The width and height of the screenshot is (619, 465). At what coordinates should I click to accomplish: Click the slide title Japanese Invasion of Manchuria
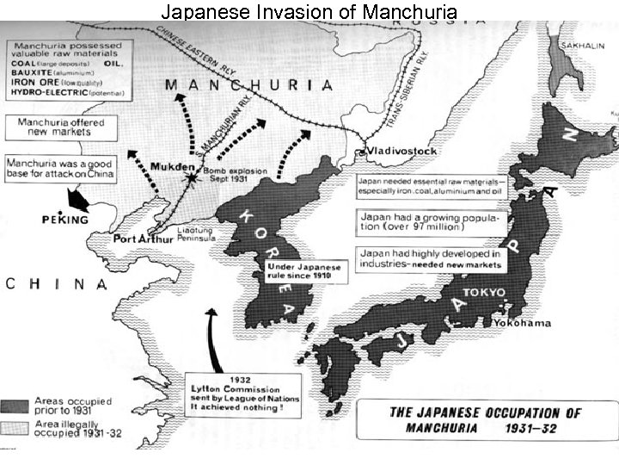point(309,11)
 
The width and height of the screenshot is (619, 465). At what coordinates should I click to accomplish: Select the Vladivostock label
point(402,151)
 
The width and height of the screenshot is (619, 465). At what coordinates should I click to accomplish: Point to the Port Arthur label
point(142,239)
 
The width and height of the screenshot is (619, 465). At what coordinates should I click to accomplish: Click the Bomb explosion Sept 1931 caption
point(235,176)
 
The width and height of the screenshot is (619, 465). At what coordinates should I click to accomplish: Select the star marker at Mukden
point(191,177)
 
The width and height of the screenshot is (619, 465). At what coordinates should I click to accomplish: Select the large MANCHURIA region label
point(248,85)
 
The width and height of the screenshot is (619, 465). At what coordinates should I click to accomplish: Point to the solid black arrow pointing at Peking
point(79,200)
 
